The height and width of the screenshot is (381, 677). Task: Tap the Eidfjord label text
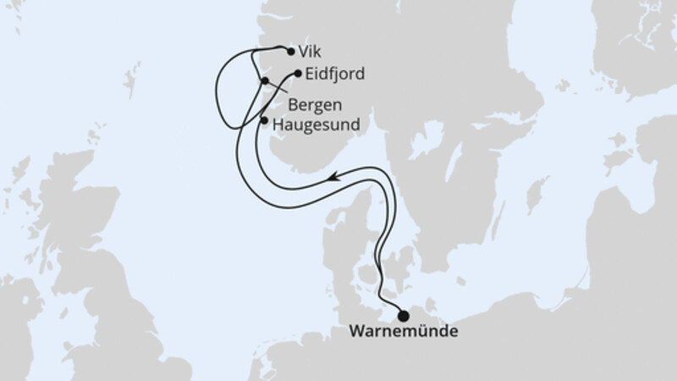click(x=336, y=74)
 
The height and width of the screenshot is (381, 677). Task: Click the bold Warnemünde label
click(x=405, y=332)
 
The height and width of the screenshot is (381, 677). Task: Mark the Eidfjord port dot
click(x=298, y=73)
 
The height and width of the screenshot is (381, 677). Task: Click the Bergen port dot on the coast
click(x=265, y=81)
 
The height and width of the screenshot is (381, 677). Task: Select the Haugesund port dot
click(x=264, y=121)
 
